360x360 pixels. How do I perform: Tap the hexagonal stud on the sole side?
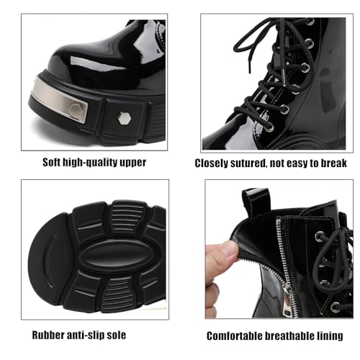tap(123, 117)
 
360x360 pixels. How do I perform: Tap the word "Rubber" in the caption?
tap(48, 336)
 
